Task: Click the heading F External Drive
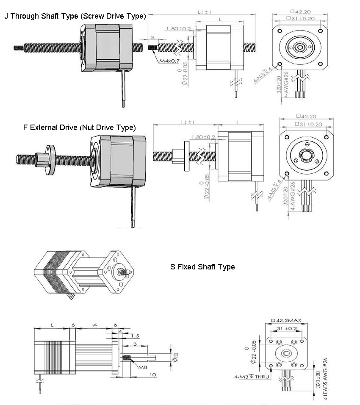point(80,127)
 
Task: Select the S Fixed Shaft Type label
point(202,266)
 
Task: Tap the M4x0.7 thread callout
point(169,61)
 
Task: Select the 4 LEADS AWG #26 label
point(325,379)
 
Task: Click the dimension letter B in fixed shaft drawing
point(135,344)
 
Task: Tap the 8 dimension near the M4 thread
point(152,38)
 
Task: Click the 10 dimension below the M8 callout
point(152,375)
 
